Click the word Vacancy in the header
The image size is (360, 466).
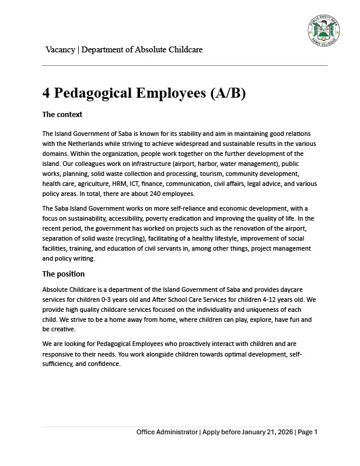(x=61, y=49)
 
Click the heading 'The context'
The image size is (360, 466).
(x=62, y=114)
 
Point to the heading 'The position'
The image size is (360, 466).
(x=64, y=274)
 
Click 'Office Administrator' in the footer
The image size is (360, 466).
(x=167, y=432)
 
